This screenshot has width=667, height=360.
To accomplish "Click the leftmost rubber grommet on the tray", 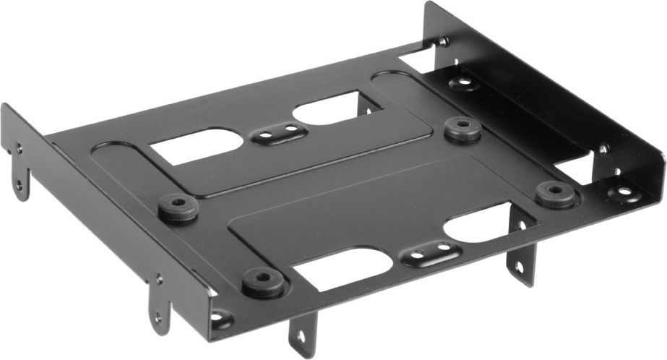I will point(178,207).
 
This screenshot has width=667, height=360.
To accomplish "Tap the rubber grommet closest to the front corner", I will point(262,281).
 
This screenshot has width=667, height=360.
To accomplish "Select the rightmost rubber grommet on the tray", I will point(555,193).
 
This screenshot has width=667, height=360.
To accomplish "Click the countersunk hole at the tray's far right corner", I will point(621,193).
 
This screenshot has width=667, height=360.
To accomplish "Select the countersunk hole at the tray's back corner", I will point(462,82).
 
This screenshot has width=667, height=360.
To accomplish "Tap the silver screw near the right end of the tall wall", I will point(603,150).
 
